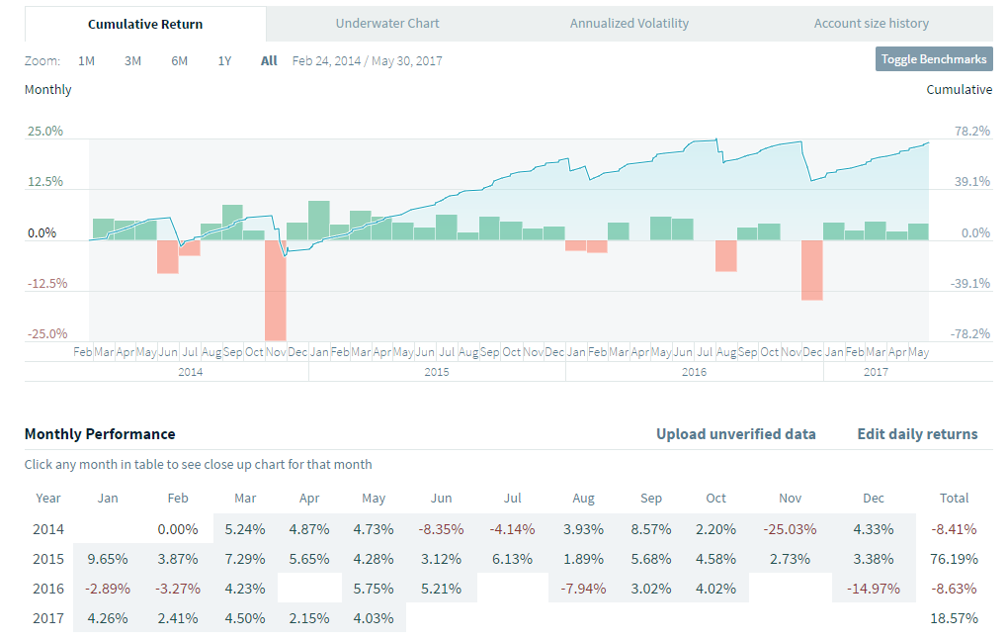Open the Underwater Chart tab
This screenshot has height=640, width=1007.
coord(387,23)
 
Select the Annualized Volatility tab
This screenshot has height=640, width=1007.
coord(629,23)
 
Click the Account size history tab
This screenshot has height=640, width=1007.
coord(871,23)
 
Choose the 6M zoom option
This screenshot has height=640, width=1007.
coord(179,60)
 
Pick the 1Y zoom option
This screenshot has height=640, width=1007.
coord(224,60)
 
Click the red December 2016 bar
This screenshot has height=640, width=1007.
coord(812,269)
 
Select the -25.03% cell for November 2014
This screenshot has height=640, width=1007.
coord(790,529)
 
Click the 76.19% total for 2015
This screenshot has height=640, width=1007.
coord(954,559)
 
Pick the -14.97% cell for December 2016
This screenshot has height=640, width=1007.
coord(874,589)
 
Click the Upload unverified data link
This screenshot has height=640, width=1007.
coord(735,433)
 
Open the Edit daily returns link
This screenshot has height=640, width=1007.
coord(917,433)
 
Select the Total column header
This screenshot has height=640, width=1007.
coord(954,499)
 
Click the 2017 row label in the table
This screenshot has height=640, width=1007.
coord(49,618)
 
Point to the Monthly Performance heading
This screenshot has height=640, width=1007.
coord(100,433)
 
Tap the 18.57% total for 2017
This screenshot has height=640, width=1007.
coord(954,618)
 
